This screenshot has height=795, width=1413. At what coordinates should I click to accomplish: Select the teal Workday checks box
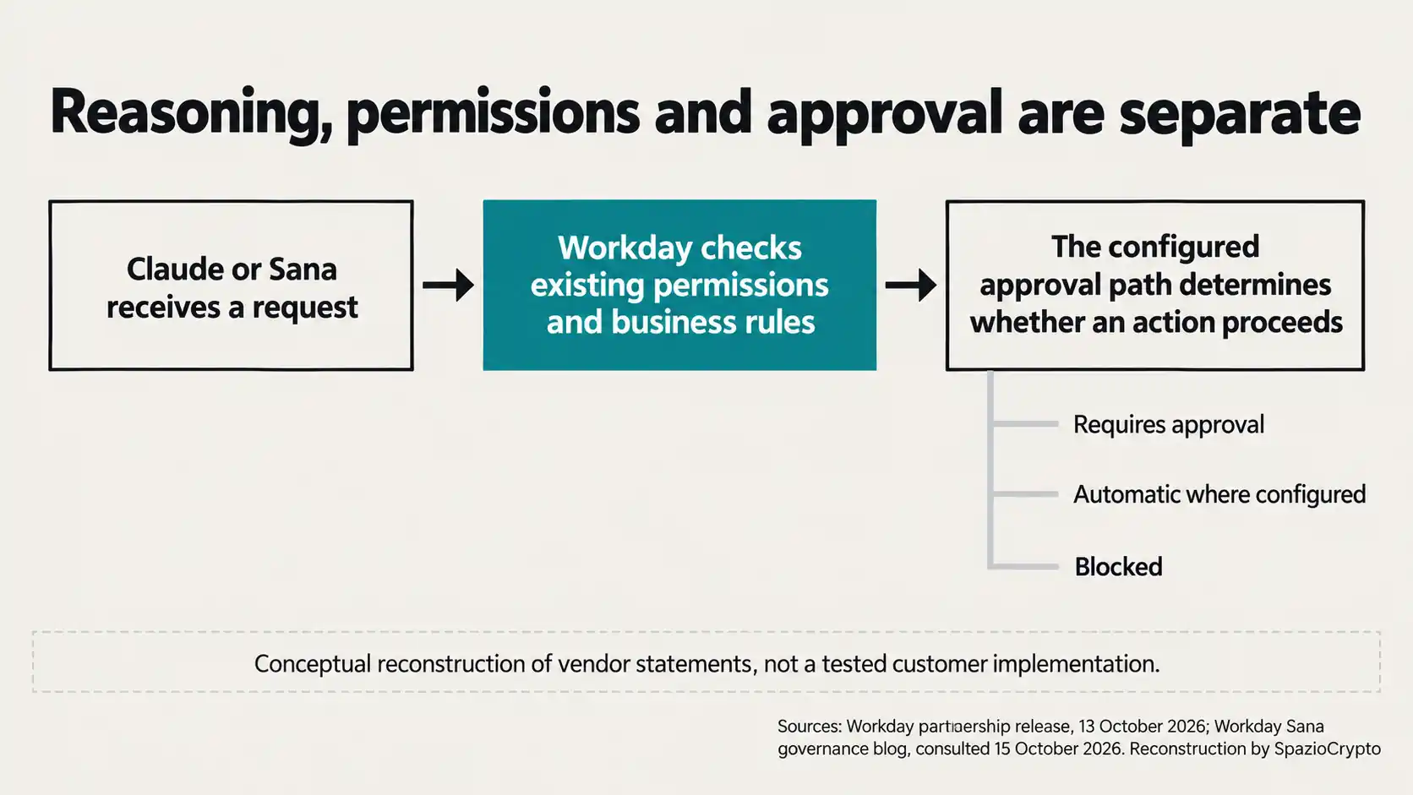679,285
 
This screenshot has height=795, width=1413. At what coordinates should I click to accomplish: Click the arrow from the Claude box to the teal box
449,285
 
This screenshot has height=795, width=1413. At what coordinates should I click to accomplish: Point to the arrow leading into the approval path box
911,285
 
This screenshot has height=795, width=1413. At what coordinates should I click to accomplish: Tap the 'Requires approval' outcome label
1169,425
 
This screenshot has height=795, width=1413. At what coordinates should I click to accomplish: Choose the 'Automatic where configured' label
1219,495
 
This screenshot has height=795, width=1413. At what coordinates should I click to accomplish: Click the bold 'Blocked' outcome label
1118,567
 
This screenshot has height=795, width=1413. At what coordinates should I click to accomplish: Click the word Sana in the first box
303,270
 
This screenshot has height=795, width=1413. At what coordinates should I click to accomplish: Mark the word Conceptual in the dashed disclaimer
312,664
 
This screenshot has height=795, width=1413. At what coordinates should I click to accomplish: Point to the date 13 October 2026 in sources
1142,727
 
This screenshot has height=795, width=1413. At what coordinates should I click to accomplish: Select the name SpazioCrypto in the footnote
1327,749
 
